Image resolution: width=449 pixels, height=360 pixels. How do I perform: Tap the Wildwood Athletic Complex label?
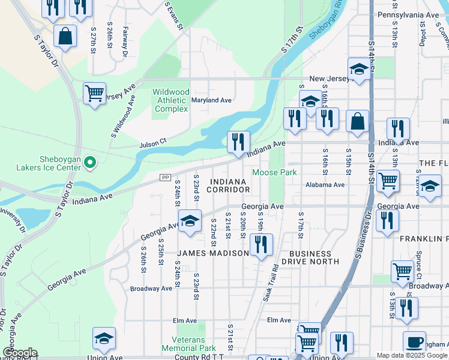point(171,100)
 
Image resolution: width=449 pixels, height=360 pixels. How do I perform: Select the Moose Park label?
point(274,173)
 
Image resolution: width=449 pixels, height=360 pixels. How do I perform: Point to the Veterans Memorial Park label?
point(188,343)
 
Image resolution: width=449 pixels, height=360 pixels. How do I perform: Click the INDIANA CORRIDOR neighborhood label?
point(227,185)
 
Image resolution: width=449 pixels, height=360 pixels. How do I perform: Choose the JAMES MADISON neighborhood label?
point(212,253)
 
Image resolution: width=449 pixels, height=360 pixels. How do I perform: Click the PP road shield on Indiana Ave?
point(166,177)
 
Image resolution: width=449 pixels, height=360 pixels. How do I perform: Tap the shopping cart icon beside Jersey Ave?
point(94,94)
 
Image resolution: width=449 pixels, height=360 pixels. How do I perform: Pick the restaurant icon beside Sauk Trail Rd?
point(261,245)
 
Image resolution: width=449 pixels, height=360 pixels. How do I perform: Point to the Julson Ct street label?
point(152,145)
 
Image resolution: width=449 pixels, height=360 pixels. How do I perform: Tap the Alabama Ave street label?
point(325,185)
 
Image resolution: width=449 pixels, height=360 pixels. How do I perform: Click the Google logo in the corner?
point(20,353)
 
